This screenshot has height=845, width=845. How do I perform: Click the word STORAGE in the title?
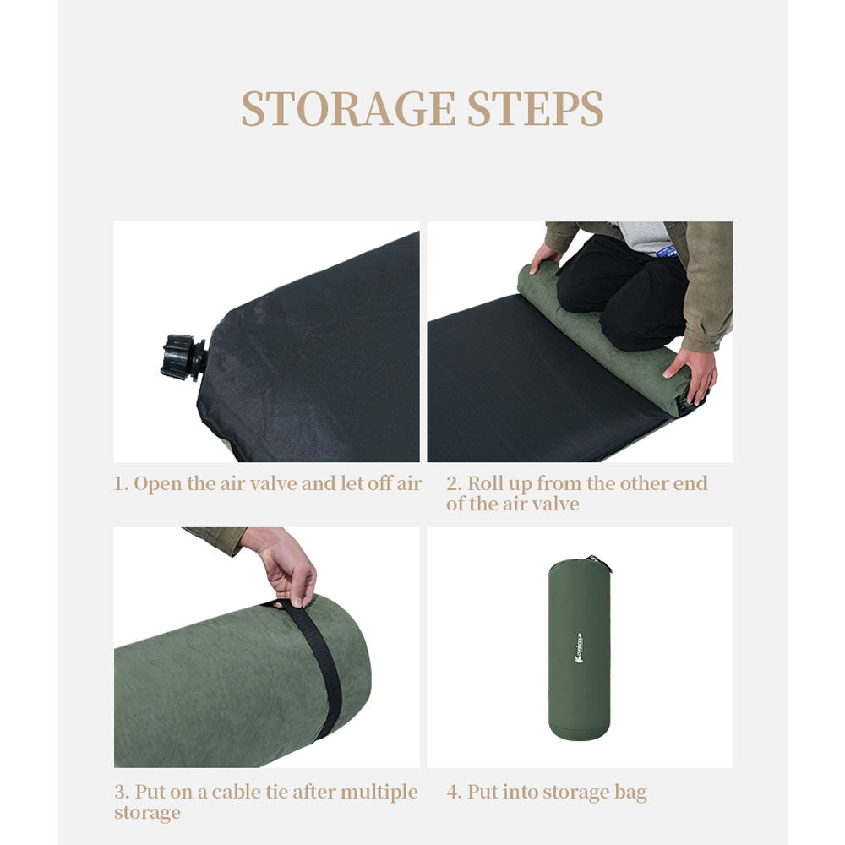[348, 109]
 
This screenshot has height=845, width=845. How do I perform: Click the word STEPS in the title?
[535, 109]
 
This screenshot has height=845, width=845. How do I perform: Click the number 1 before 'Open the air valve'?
[118, 483]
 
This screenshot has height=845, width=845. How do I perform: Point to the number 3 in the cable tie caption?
[121, 792]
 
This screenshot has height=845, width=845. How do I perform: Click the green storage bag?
[580, 649]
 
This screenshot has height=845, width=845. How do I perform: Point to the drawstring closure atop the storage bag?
[600, 563]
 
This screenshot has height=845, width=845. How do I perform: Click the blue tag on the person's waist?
[668, 251]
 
